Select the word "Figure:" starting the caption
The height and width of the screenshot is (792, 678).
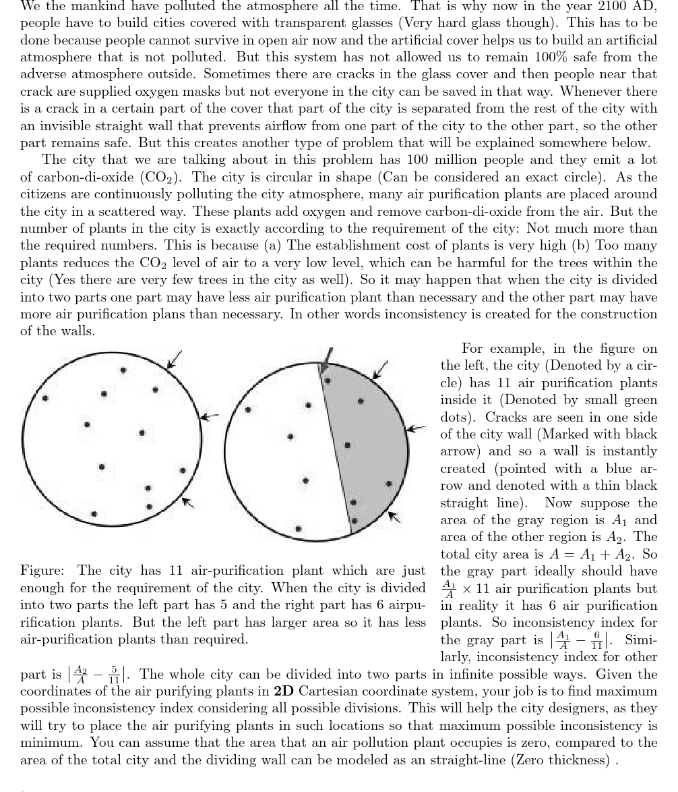click(x=42, y=571)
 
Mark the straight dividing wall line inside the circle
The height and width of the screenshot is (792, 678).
click(x=335, y=445)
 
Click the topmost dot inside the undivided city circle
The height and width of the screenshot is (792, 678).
click(x=123, y=370)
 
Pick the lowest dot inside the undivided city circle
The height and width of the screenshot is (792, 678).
click(x=94, y=514)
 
